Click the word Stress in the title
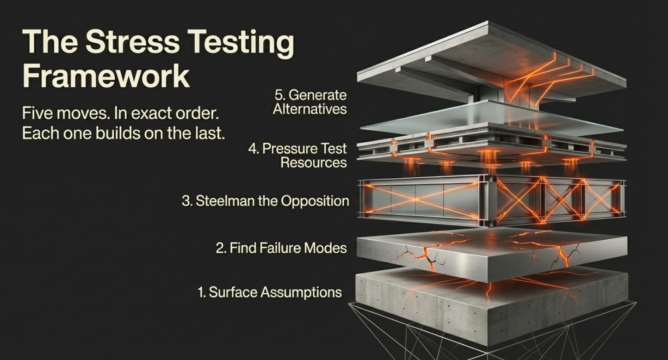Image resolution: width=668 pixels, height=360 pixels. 132,42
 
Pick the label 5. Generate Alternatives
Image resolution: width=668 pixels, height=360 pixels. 310,102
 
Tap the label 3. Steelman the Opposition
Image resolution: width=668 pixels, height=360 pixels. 265,201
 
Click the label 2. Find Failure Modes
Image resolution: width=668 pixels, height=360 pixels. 281,248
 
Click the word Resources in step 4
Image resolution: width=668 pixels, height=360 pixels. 313,163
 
